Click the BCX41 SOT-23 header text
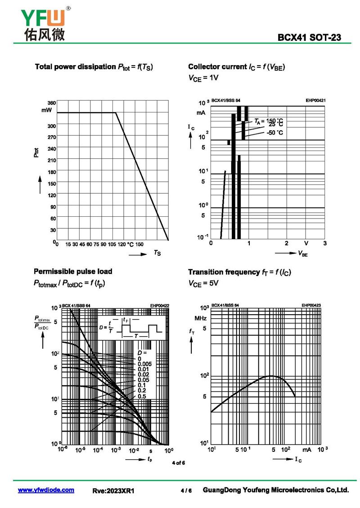click(x=309, y=38)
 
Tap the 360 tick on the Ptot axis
click(x=51, y=102)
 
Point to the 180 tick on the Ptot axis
click(x=51, y=172)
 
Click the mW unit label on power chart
click(x=47, y=110)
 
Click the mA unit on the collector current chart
click(x=201, y=112)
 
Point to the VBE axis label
click(x=303, y=254)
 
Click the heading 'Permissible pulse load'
click(x=73, y=272)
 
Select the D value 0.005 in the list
click(x=144, y=364)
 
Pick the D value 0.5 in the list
click(x=141, y=396)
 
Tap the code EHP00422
click(x=159, y=306)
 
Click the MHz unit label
click(x=201, y=318)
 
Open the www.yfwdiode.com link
click(x=46, y=490)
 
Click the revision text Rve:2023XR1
click(x=113, y=491)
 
